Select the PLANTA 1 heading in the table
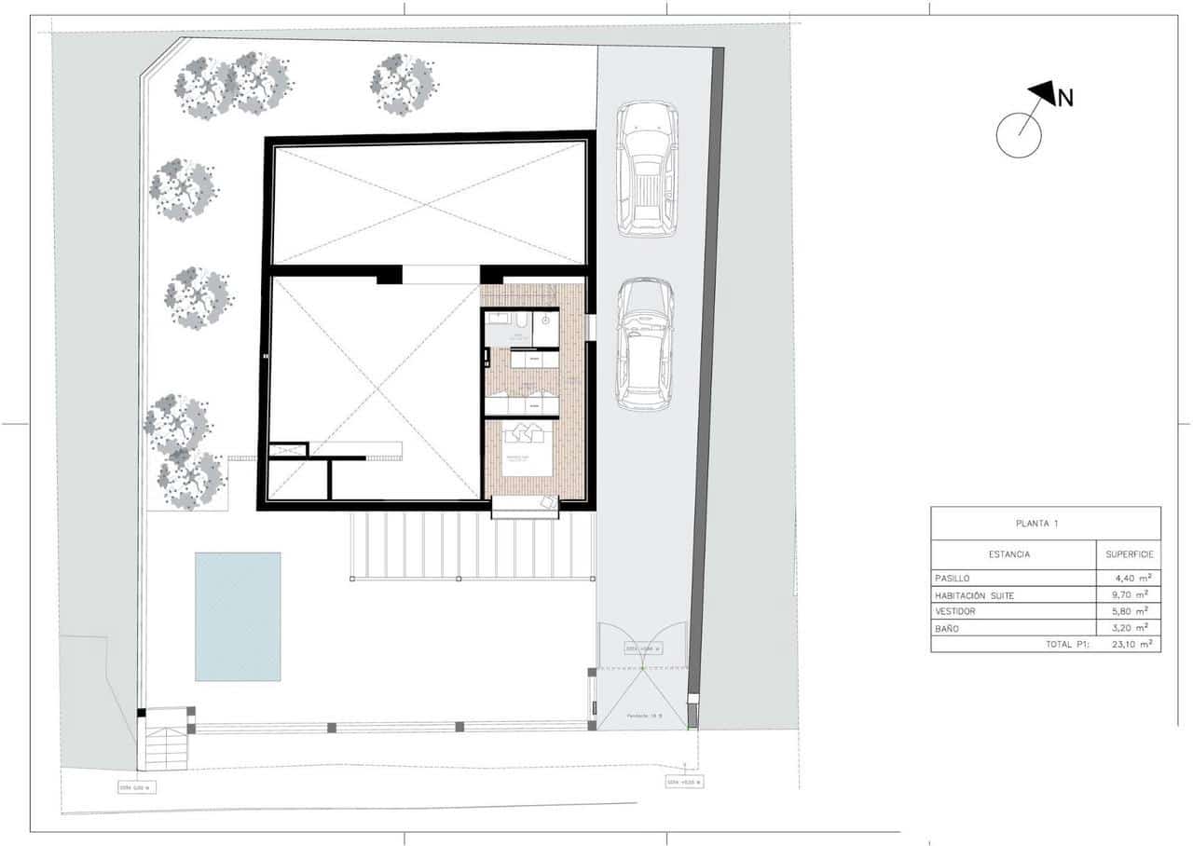(x=1046, y=524)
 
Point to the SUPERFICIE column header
(x=1130, y=554)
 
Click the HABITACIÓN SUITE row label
(x=980, y=594)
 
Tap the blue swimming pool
(x=238, y=616)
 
